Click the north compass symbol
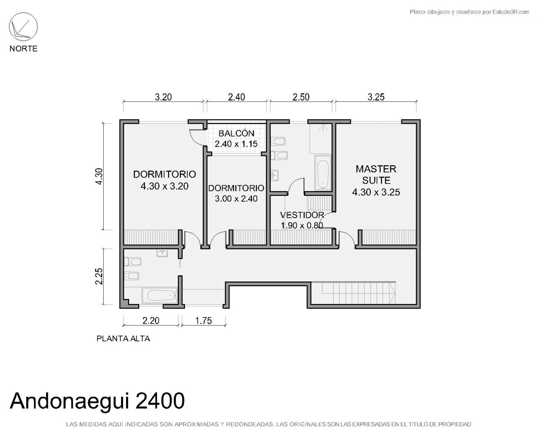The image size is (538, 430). pos(23,27)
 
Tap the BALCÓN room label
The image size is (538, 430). pos(236,133)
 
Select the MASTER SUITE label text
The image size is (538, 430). pos(376,175)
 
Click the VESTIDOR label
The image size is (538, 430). pos(302,215)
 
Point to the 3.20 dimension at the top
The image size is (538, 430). pos(163,97)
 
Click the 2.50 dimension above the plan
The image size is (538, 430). pos(301,97)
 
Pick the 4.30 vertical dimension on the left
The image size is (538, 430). pos(99,176)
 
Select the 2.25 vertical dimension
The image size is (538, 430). pos(99,276)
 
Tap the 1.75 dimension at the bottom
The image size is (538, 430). pos(204,321)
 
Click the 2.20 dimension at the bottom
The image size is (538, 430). pos(151,321)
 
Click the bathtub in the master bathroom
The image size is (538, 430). pos(322,173)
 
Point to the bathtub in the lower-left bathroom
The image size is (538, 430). pos(160,295)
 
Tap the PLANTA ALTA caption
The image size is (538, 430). pos(123,338)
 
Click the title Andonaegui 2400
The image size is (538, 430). pos(97,401)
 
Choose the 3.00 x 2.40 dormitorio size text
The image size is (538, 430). pos(236,199)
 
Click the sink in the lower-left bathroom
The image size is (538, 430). pos(162,253)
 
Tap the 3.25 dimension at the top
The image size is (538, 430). pos(376,97)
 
